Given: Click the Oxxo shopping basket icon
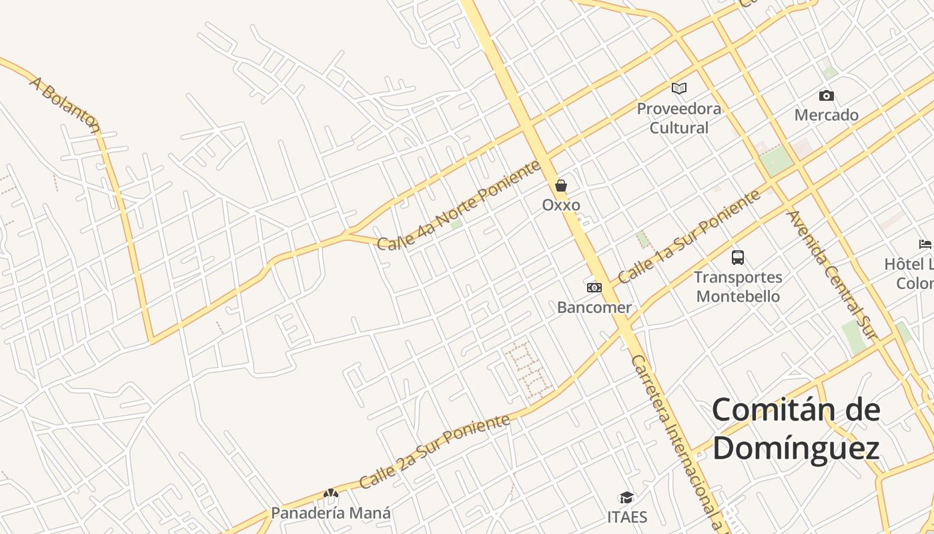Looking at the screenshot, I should [x=561, y=186].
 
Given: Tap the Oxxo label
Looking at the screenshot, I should [x=561, y=205].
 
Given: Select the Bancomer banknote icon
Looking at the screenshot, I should [x=594, y=288].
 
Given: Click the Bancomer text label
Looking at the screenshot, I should [x=594, y=308].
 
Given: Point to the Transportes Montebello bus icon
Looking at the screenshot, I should [x=737, y=257].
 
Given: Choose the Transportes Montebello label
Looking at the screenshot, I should [x=737, y=286].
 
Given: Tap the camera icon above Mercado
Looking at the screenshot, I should [x=826, y=95].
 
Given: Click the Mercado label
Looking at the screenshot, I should [x=826, y=115].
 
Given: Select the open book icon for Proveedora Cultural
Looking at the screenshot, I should [x=679, y=88].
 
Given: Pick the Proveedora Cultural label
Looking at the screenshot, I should [x=679, y=118].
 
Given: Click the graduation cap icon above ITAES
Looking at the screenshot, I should [x=626, y=497].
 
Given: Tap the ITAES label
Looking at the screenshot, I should [x=627, y=517].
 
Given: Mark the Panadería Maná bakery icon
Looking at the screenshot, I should [x=331, y=494].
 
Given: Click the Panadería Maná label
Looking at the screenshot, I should [x=331, y=513].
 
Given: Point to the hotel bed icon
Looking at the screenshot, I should [x=925, y=244].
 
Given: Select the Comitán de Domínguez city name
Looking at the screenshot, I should [x=796, y=429].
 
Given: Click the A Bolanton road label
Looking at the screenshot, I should [x=65, y=104].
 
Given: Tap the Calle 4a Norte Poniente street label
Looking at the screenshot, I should [x=459, y=206].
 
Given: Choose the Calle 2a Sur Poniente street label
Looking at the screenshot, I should [x=434, y=451].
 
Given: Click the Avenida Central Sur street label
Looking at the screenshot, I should [x=830, y=274].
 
